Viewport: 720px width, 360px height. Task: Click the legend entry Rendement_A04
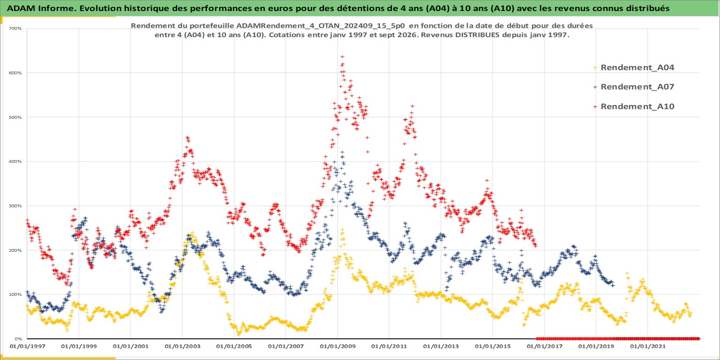(x=637, y=67)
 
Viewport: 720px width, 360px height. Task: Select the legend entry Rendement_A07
(x=637, y=87)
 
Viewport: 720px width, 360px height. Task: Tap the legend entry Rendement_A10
(x=637, y=106)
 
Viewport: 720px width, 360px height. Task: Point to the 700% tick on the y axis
(x=15, y=28)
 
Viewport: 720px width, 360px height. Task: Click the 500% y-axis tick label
(x=15, y=117)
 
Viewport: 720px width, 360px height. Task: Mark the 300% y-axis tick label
(x=15, y=206)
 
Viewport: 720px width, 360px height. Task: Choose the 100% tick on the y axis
(x=15, y=294)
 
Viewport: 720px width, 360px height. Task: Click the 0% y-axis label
(x=18, y=339)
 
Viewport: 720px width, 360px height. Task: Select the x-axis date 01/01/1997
(x=28, y=346)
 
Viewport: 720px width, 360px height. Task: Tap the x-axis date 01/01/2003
(x=183, y=346)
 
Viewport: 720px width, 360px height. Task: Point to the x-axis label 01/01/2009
(x=337, y=346)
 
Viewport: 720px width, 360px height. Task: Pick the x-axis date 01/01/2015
(x=493, y=346)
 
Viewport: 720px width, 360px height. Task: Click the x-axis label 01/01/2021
(x=647, y=346)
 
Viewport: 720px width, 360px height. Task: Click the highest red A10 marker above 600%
(x=342, y=57)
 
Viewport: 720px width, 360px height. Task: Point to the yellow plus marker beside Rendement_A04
(x=595, y=68)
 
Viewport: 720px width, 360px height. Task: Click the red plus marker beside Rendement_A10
(x=595, y=106)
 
